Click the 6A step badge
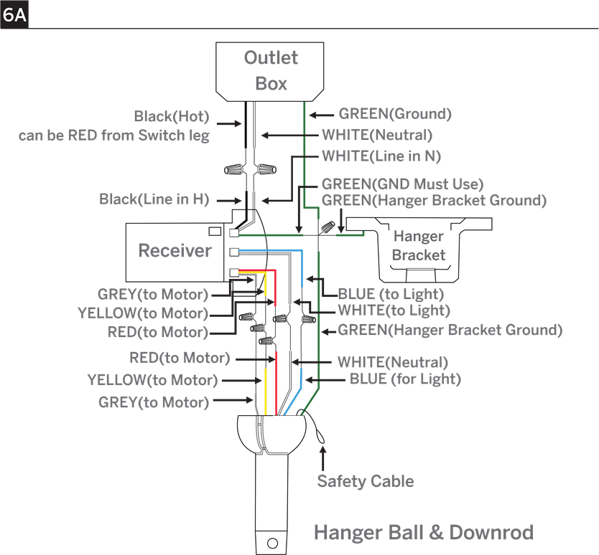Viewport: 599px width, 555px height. (x=14, y=14)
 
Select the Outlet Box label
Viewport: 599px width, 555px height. (x=271, y=70)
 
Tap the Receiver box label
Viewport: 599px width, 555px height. (x=175, y=250)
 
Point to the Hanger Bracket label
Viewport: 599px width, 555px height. (x=419, y=246)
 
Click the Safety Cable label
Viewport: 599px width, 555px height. (x=365, y=481)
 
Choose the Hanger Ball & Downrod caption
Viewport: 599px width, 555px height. (x=424, y=533)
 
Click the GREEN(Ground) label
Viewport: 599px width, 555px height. (x=395, y=114)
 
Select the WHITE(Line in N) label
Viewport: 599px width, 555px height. (x=381, y=156)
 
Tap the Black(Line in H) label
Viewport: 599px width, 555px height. (x=154, y=199)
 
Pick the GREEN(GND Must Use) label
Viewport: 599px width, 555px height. (x=403, y=184)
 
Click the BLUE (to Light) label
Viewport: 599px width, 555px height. (x=391, y=294)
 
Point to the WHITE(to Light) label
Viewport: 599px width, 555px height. (x=394, y=310)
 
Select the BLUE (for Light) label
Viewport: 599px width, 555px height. (x=405, y=379)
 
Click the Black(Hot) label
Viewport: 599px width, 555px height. (x=172, y=116)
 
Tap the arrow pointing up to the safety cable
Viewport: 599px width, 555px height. (x=322, y=458)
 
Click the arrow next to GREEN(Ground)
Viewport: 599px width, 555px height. (x=321, y=115)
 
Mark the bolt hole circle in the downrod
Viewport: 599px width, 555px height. (x=272, y=543)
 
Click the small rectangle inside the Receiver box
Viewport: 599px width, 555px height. (x=215, y=231)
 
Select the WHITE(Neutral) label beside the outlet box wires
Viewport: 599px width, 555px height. (x=377, y=135)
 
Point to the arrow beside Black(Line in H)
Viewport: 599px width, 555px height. (x=229, y=200)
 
